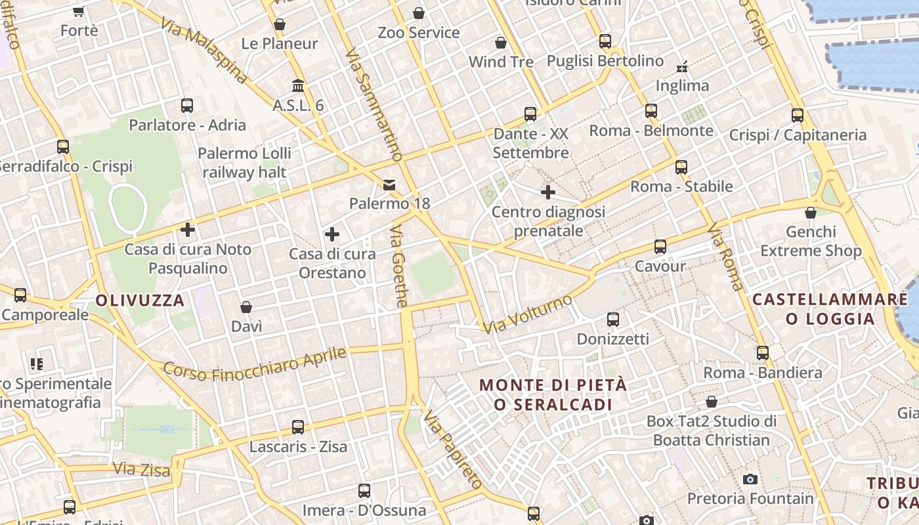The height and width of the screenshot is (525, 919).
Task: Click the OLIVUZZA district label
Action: click(x=140, y=301)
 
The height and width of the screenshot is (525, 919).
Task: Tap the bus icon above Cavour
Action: click(x=660, y=247)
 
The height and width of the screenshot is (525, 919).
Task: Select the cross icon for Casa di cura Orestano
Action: click(x=332, y=234)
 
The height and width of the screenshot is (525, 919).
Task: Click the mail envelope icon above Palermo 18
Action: click(x=390, y=184)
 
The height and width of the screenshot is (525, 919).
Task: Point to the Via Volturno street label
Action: click(x=527, y=314)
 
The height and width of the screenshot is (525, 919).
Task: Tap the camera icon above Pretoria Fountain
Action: click(x=750, y=479)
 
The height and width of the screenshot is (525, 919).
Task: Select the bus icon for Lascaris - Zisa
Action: click(x=298, y=427)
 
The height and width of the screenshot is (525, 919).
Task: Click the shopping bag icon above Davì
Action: click(x=246, y=307)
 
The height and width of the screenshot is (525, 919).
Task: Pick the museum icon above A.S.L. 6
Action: click(x=298, y=85)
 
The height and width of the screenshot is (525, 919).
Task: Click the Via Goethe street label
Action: click(x=399, y=266)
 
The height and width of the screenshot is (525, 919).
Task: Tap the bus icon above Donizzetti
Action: click(x=613, y=320)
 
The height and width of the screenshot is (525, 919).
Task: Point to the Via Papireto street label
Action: click(x=453, y=450)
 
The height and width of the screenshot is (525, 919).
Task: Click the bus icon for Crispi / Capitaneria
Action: click(x=798, y=115)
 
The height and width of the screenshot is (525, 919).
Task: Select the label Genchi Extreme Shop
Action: click(x=811, y=241)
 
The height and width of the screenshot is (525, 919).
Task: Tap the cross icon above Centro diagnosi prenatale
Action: click(x=548, y=192)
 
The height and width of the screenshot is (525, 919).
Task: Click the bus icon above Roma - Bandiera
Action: click(x=763, y=353)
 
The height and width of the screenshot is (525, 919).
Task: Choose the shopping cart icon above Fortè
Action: click(x=79, y=11)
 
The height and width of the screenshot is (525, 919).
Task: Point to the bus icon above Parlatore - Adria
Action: click(x=187, y=105)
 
